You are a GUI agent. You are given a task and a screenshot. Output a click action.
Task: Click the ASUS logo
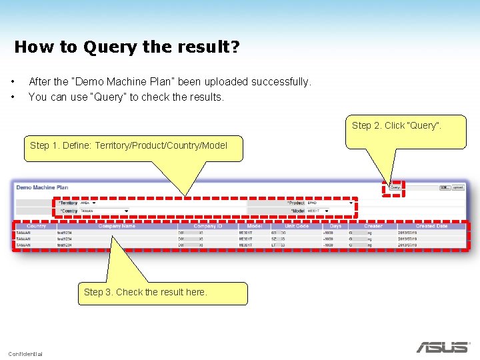tap(442, 347)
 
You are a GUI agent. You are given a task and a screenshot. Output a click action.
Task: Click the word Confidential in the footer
tap(25, 353)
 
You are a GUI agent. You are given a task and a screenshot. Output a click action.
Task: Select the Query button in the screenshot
tap(395, 187)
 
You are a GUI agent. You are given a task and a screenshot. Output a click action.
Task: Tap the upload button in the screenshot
tap(458, 187)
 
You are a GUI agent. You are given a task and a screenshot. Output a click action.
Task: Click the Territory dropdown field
tap(89, 203)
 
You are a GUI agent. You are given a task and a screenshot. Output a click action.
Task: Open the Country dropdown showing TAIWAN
tap(104, 211)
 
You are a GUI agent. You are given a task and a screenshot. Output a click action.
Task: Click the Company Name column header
tap(117, 226)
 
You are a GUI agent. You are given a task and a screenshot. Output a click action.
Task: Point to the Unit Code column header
tap(297, 226)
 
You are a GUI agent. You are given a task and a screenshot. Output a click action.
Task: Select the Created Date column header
tap(431, 226)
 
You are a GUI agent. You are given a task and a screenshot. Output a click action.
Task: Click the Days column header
tap(335, 226)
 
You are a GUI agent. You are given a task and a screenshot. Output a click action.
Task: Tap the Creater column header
tap(373, 226)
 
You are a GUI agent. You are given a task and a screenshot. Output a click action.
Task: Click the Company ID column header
tap(207, 226)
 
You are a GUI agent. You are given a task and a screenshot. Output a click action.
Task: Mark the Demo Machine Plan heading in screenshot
tap(42, 187)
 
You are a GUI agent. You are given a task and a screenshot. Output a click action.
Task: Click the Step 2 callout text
tap(396, 125)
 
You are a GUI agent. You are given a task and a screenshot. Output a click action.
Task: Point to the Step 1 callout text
tap(129, 145)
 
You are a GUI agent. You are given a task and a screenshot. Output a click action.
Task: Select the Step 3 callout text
tap(145, 292)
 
